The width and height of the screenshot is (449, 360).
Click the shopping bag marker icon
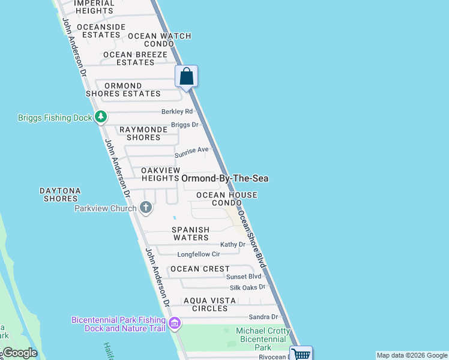tap(186, 77)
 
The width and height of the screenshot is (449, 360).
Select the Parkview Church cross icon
tap(145, 208)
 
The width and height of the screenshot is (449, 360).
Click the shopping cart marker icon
tap(301, 354)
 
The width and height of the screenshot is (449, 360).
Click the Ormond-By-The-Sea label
tap(224, 178)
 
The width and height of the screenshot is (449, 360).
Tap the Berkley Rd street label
tap(177, 112)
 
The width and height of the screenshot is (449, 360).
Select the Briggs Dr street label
tap(185, 125)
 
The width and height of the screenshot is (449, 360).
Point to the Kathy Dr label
tap(233, 244)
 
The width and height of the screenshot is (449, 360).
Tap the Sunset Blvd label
tap(244, 276)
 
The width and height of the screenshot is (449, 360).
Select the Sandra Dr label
tap(264, 317)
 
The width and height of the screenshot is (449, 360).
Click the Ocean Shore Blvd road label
tap(252, 238)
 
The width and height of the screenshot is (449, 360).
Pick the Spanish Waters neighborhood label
tap(191, 233)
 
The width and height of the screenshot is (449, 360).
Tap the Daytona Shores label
tap(60, 194)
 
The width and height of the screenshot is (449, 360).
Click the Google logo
tap(20, 353)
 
